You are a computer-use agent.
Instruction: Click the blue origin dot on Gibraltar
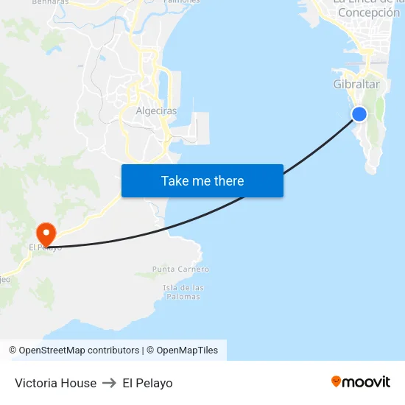(x=359, y=113)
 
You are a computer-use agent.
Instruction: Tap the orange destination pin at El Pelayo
(x=46, y=234)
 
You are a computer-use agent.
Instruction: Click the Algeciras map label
(x=156, y=111)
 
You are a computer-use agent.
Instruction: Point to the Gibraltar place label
(x=356, y=85)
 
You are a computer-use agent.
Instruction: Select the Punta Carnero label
(x=180, y=270)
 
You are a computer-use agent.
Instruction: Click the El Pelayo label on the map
(x=45, y=247)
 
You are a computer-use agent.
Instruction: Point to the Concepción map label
(x=369, y=13)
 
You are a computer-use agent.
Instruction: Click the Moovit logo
(x=360, y=381)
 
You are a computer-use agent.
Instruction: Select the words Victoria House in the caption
(x=55, y=383)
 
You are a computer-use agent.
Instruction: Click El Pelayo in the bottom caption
(x=147, y=383)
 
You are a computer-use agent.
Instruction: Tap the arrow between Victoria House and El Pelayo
(x=110, y=383)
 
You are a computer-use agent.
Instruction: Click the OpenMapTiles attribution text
(x=187, y=351)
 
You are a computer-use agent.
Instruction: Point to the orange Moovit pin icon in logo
(x=337, y=381)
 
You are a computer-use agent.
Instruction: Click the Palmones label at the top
(x=181, y=1)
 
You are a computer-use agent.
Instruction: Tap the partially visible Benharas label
(x=50, y=2)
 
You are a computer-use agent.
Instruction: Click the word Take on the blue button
(x=175, y=180)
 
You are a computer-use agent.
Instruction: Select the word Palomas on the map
(x=183, y=297)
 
